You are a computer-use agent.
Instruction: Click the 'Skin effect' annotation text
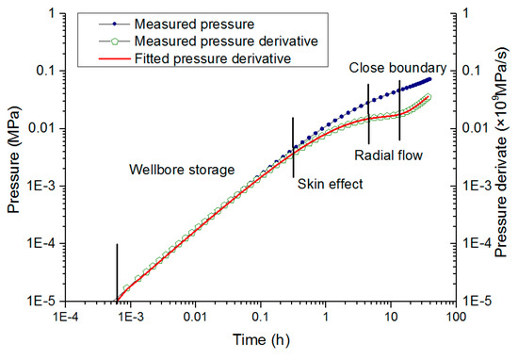click(330, 185)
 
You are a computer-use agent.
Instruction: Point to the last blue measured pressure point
click(429, 79)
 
